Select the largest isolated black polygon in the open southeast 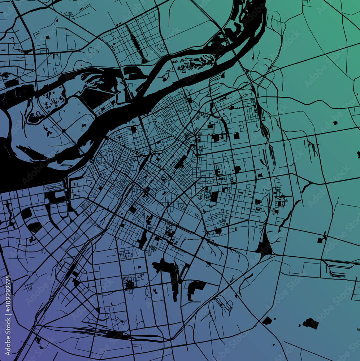click(311, 323)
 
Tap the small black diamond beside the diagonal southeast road click(267, 320)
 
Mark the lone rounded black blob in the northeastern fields click(335, 123)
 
